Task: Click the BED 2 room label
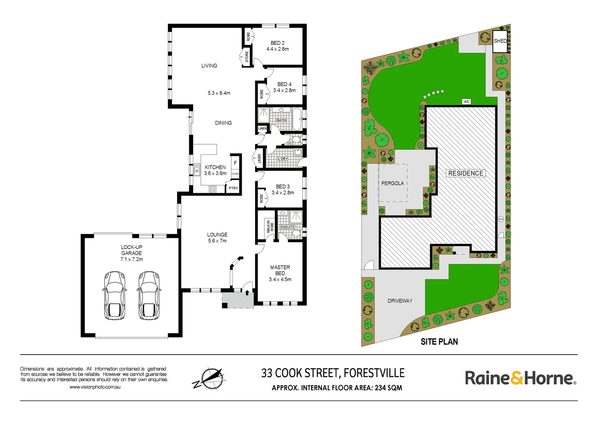(x=278, y=43)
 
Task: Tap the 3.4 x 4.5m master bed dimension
(x=280, y=279)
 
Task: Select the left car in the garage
(x=114, y=295)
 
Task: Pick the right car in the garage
(x=148, y=295)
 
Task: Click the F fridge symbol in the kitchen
(x=235, y=163)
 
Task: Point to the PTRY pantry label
(x=233, y=188)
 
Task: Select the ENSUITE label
(x=287, y=227)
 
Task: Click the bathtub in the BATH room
(x=297, y=119)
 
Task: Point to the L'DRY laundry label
(x=283, y=159)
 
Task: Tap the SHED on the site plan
(x=500, y=41)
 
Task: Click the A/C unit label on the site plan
(x=466, y=102)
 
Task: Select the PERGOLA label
(x=392, y=183)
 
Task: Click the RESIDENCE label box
(x=466, y=173)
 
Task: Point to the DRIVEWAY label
(x=400, y=301)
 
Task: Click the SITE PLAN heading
(x=439, y=342)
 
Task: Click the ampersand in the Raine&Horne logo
(x=517, y=378)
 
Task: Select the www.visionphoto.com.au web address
(x=95, y=387)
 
